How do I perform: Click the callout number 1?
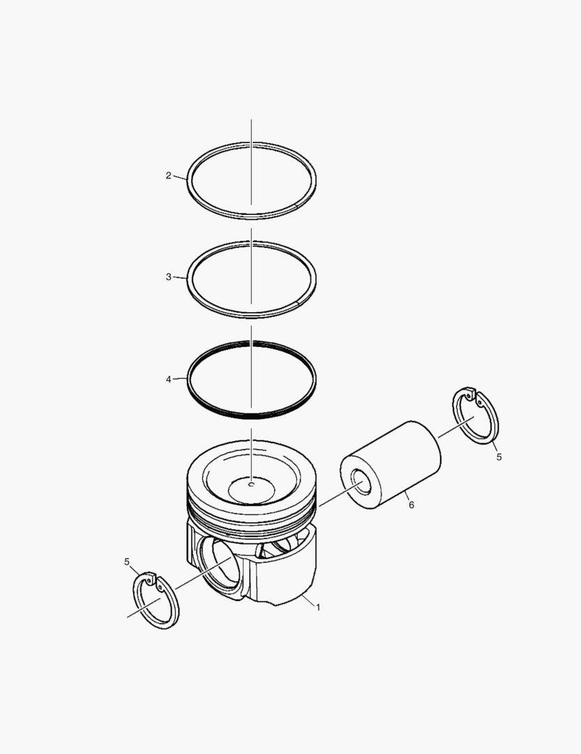click(x=318, y=607)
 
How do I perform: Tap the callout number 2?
click(x=168, y=176)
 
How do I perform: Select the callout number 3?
click(x=168, y=277)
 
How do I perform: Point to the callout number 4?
click(x=168, y=379)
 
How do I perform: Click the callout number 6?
click(x=411, y=505)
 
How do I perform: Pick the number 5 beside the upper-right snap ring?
click(x=499, y=457)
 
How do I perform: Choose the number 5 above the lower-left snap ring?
click(x=127, y=561)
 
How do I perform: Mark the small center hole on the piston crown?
click(x=252, y=482)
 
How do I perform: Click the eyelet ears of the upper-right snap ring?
click(x=474, y=397)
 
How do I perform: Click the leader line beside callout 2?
click(x=180, y=178)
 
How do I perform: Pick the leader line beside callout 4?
click(x=180, y=379)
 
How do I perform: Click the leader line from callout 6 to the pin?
click(x=402, y=495)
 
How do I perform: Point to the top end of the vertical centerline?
click(x=252, y=121)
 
